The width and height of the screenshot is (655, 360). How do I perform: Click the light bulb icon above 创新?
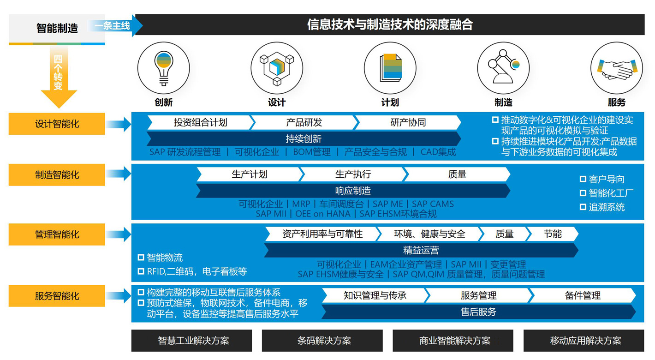164,68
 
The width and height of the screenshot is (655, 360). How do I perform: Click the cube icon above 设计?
277,68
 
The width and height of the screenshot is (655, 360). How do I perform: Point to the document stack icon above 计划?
391,67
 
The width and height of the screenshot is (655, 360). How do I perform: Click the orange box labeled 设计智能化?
57,124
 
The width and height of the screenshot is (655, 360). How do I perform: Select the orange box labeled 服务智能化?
57,296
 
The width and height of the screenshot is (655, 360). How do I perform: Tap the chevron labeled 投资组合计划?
201,122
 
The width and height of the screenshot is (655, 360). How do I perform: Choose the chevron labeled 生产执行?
353,174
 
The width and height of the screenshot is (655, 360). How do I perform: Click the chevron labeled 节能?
552,234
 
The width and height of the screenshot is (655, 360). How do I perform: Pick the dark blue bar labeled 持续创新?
304,139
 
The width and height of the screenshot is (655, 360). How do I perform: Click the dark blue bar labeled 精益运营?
421,250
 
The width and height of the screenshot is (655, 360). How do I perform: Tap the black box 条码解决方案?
322,341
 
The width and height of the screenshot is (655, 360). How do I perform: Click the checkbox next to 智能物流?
141,257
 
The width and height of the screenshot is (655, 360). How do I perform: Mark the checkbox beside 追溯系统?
583,207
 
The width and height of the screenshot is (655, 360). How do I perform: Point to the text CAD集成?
438,152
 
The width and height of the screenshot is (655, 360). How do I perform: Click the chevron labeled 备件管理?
583,295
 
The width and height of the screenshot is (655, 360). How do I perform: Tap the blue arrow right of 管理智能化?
119,234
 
